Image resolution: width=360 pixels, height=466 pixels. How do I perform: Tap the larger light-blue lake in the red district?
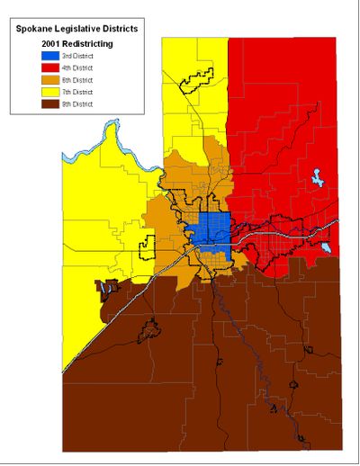pyautogui.click(x=318, y=180)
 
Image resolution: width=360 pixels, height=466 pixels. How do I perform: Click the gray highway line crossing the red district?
pyautogui.click(x=297, y=229)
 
